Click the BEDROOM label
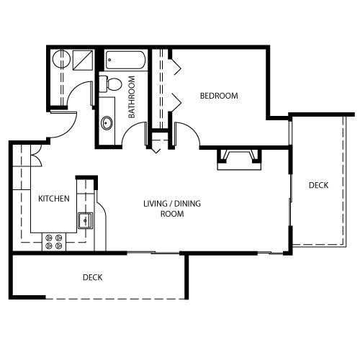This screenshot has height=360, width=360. [x=219, y=96]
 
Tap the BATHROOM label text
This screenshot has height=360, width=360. [x=132, y=97]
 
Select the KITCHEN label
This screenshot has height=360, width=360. [x=54, y=199]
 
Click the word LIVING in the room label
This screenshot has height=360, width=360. [x=156, y=204]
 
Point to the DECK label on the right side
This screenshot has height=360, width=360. [x=318, y=185]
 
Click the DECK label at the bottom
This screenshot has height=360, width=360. [x=92, y=277]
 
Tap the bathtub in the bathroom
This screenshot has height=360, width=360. [x=125, y=60]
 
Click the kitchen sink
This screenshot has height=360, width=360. [x=85, y=220]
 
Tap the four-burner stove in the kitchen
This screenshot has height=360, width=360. [x=54, y=242]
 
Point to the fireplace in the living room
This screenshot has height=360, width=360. [x=239, y=160]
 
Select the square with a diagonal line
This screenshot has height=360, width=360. [x=83, y=60]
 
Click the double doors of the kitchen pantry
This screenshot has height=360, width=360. [x=36, y=156]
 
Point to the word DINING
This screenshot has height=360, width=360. [x=187, y=204]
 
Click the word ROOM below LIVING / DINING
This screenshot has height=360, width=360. [x=172, y=214]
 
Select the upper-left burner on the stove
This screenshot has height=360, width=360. [x=49, y=238]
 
